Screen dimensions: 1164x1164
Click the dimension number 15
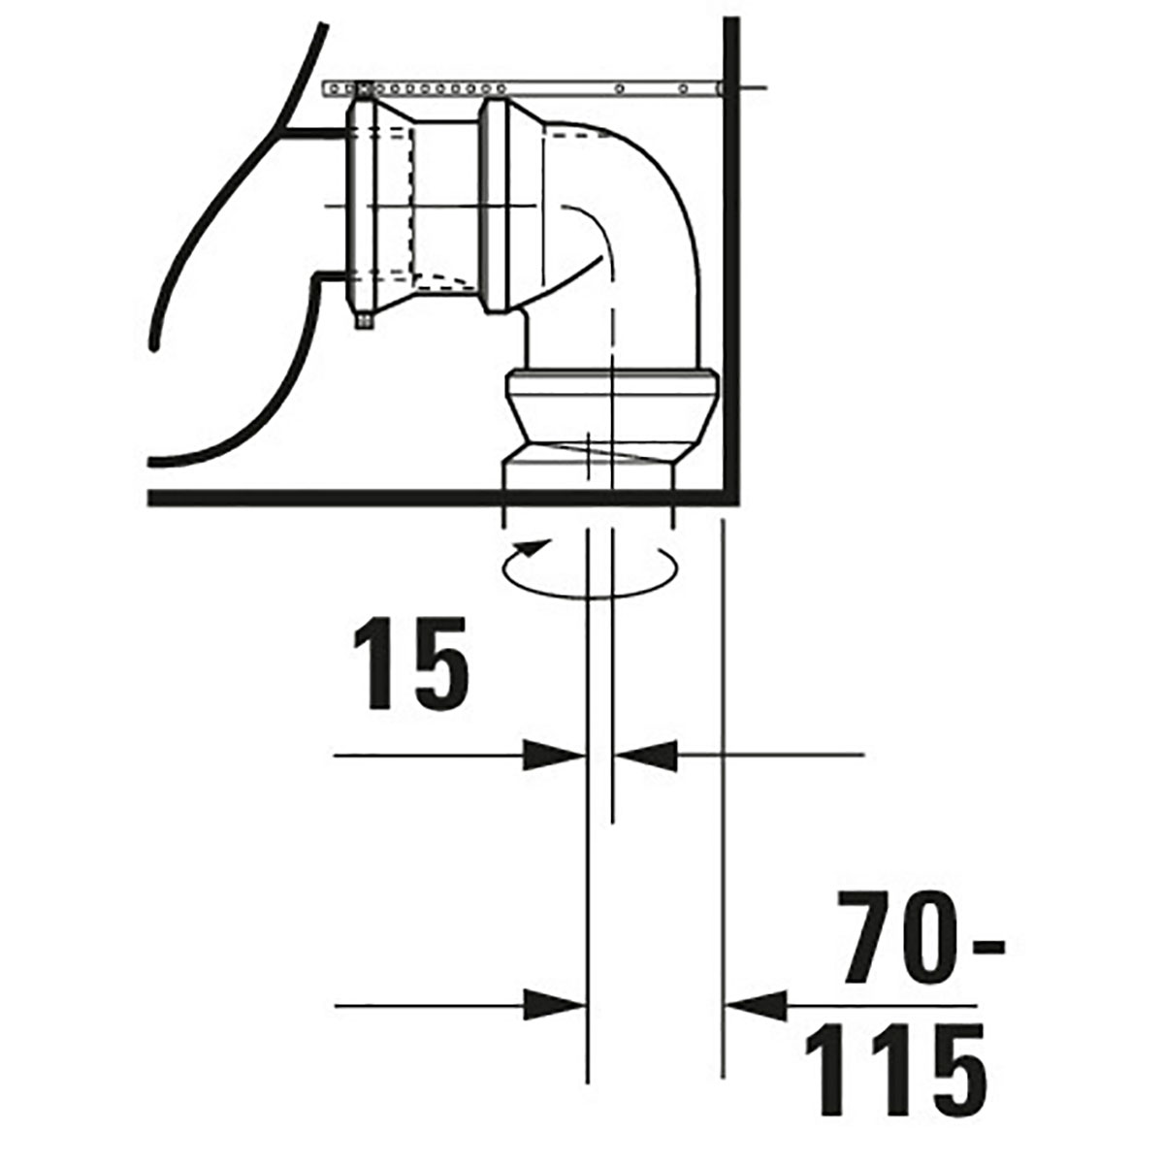410,663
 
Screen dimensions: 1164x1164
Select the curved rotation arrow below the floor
590,569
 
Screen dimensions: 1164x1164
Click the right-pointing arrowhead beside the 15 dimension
554,755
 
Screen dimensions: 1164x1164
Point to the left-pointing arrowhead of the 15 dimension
645,755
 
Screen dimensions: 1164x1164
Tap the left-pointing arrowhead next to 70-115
756,1006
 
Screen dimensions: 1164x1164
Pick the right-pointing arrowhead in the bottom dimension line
554,1006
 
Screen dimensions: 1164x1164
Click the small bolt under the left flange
365,320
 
